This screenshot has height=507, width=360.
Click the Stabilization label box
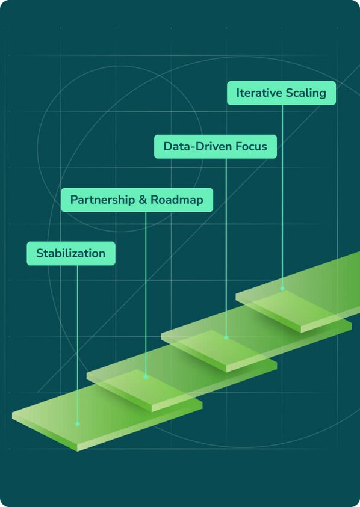[x=71, y=254]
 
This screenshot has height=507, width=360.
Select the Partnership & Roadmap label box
[x=137, y=200]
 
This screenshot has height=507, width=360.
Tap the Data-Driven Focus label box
[x=216, y=147]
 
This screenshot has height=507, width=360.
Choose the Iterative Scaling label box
[x=281, y=93]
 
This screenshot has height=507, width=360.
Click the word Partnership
[x=102, y=200]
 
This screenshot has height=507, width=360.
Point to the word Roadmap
[x=177, y=200]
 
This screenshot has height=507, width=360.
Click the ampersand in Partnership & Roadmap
[x=143, y=200]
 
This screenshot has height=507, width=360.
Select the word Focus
[x=251, y=147]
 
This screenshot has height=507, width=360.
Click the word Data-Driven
[x=197, y=147]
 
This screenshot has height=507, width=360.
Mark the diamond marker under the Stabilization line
[x=78, y=424]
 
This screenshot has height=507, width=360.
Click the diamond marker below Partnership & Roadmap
[x=146, y=377]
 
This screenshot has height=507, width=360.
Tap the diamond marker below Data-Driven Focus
[x=226, y=337]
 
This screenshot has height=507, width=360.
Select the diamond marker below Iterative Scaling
[x=282, y=289]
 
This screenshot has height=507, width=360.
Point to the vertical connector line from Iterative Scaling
[x=282, y=196]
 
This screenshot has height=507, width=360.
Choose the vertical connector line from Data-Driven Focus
[x=226, y=247]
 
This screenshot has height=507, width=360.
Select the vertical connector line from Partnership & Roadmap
[x=146, y=293]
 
